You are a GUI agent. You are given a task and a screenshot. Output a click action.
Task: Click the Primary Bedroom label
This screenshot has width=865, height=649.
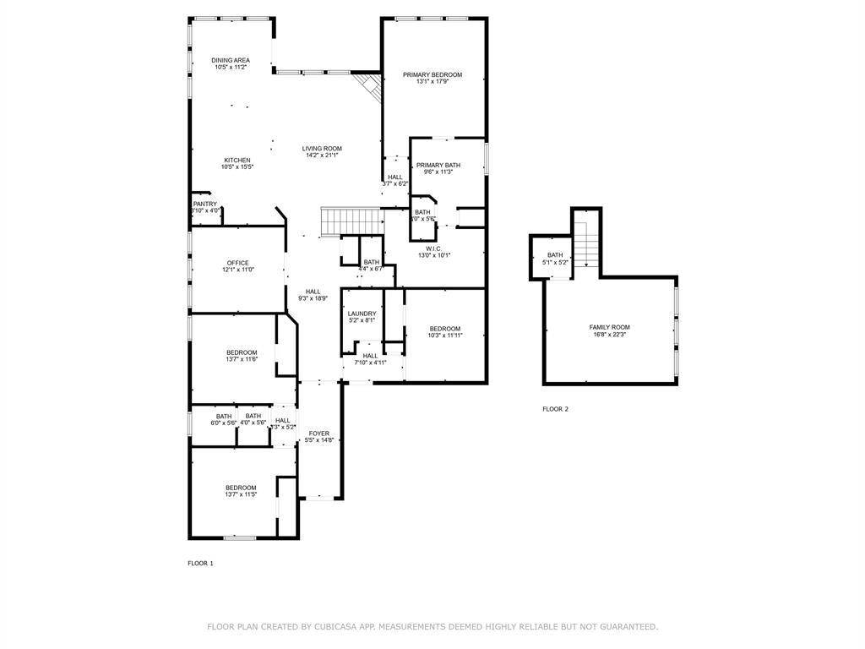[432, 75]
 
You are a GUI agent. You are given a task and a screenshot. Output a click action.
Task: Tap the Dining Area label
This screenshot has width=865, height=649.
[230, 60]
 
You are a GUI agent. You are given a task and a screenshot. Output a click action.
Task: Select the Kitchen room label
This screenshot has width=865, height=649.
[237, 161]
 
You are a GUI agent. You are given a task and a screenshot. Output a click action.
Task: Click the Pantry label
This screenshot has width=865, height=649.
[205, 204]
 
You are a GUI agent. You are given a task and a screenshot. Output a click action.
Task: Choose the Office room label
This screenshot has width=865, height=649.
[237, 263]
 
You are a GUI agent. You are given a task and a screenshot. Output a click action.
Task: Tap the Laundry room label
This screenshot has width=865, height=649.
[362, 314]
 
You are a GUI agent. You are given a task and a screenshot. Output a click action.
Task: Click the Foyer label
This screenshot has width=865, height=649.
[319, 434]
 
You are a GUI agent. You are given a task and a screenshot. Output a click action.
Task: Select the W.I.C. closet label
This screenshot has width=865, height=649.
[434, 248]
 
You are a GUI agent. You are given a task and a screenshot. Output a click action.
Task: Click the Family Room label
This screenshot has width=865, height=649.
[609, 327]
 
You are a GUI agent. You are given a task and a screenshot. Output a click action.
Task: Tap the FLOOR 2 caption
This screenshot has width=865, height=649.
[555, 409]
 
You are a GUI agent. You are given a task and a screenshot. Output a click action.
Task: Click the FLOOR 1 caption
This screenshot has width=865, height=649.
[200, 563]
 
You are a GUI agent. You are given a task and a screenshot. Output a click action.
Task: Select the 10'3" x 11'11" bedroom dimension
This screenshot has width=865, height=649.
[445, 335]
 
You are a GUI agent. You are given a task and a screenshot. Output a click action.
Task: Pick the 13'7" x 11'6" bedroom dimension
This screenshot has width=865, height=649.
[242, 359]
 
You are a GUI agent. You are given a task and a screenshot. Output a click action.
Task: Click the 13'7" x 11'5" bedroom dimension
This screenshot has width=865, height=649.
[241, 494]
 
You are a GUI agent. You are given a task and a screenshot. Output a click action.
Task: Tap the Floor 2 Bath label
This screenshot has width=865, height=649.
[555, 255]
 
